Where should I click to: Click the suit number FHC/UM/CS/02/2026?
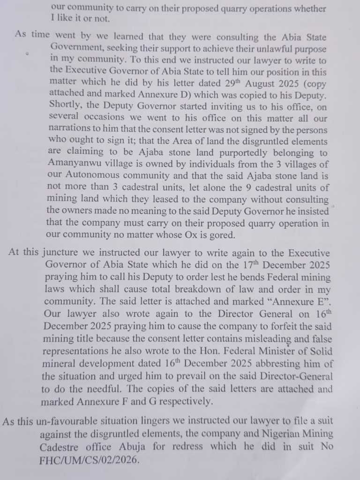[x=89, y=460]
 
